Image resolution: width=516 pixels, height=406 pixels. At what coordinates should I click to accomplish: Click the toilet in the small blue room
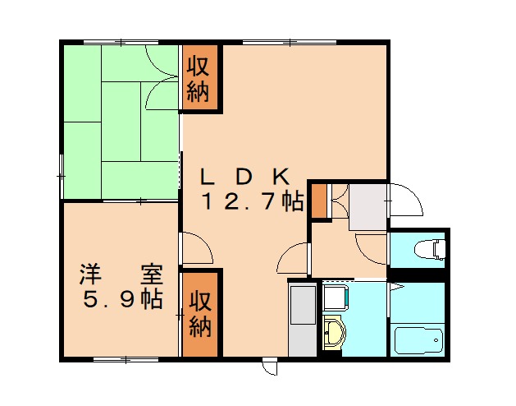pyautogui.click(x=428, y=248)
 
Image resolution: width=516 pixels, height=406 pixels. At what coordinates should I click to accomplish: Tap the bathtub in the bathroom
pyautogui.click(x=418, y=339)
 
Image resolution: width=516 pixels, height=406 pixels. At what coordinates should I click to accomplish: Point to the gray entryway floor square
pyautogui.click(x=367, y=206)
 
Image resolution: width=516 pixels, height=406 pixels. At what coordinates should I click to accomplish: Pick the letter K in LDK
pyautogui.click(x=280, y=176)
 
